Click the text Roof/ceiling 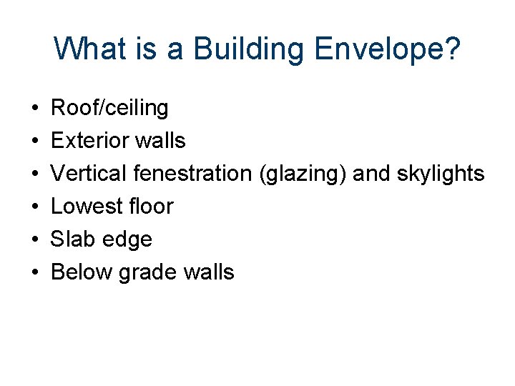coord(109,109)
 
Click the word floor coord(150,206)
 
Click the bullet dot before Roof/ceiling coord(35,109)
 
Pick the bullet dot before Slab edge coord(35,239)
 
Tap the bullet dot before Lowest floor coord(35,207)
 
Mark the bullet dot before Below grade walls coord(35,272)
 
